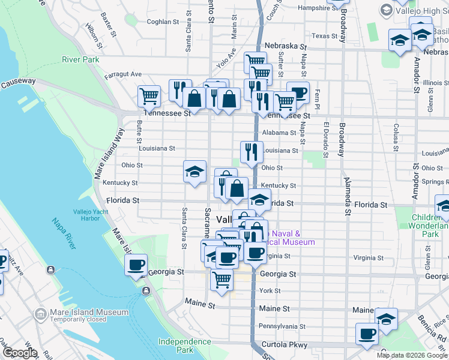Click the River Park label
80,59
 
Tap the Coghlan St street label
163,22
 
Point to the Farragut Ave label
124,74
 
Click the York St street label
270,291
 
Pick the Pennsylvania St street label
282,326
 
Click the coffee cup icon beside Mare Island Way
136,265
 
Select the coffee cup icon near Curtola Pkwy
366,334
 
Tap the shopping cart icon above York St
221,280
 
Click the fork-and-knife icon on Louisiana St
252,152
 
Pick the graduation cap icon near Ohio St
194,172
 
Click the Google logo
20,353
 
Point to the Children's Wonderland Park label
430,226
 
